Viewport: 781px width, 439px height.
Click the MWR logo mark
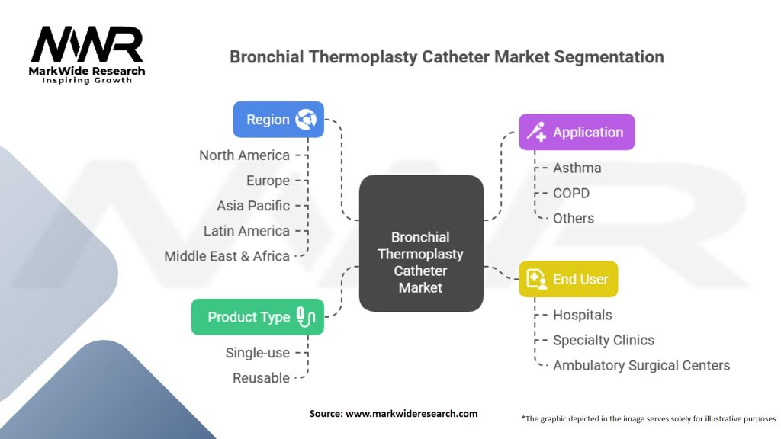pos(87,44)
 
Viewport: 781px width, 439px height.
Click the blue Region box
pos(278,120)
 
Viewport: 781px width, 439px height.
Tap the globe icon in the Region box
pos(306,120)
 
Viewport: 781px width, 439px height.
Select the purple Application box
pos(577,132)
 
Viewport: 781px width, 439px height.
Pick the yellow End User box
pos(568,279)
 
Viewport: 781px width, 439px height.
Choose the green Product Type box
pos(258,317)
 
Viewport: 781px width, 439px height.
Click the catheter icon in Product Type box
pos(306,317)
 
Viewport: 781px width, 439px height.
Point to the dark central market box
pos(421,243)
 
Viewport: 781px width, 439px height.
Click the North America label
pos(245,155)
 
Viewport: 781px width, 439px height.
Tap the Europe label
pos(268,181)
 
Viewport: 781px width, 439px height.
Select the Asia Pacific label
pos(253,206)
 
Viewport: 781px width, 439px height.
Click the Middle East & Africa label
pos(227,256)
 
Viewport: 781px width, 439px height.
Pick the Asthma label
pos(577,168)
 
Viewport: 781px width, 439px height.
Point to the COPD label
pos(571,193)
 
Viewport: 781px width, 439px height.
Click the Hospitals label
pos(583,315)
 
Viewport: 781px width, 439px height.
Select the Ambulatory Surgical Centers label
pos(641,365)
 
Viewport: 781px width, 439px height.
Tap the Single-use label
pos(258,353)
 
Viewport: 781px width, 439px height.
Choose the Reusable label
pos(261,378)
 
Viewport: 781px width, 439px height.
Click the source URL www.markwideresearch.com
pos(411,414)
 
